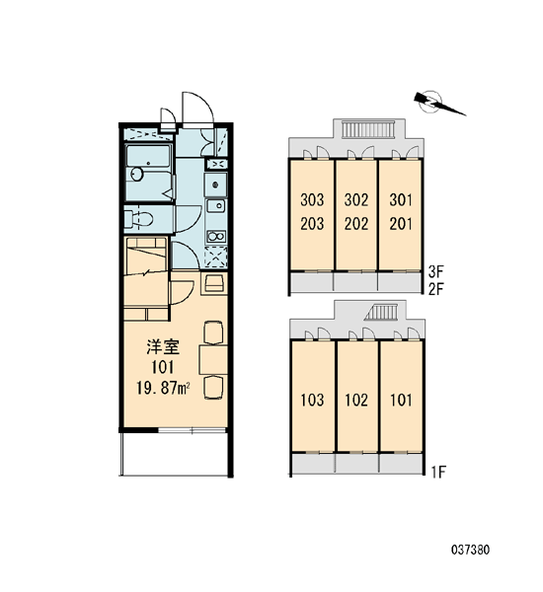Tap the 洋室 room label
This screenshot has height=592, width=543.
163,347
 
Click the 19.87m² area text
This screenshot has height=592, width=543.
163,388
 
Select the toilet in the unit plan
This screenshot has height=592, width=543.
138,219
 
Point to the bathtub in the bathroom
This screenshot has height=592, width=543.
147,156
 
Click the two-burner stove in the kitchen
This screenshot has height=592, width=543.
216,237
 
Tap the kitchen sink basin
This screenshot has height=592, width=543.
216,206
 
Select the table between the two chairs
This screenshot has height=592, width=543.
213,359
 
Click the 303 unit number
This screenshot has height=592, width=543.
312,199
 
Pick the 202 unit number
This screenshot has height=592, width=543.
356,224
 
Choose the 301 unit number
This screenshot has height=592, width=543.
401,199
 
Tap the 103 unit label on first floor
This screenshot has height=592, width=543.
312,400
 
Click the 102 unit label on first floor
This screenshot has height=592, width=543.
356,400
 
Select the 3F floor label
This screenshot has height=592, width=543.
435,270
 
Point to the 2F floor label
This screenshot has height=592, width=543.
435,289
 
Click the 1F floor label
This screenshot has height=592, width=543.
438,472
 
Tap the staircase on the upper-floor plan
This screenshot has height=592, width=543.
368,129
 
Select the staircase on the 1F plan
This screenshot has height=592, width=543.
382,312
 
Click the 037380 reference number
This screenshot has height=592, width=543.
470,550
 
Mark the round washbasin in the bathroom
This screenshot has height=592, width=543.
137,174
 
